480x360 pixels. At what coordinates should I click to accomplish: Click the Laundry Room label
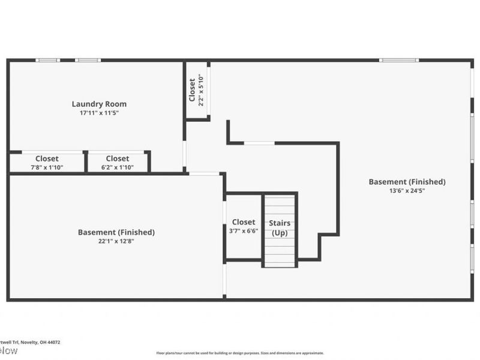[x=99, y=104]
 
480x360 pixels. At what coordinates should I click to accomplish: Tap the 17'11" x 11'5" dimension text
[x=99, y=113]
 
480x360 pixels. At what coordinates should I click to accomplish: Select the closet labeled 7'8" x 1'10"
[x=47, y=163]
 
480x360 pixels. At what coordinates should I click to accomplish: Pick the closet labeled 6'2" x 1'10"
[x=117, y=163]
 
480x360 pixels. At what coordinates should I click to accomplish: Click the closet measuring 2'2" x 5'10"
[x=197, y=90]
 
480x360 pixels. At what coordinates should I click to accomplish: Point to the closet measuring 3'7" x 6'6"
[x=243, y=226]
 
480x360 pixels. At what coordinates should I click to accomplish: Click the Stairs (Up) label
[x=280, y=228]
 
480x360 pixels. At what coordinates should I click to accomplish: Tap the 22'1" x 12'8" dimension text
[x=116, y=241]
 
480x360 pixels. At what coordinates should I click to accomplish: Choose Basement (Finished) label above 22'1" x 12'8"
[x=116, y=232]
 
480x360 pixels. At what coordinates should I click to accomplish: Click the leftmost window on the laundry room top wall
[x=47, y=60]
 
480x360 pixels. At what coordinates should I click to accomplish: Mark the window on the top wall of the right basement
[x=399, y=60]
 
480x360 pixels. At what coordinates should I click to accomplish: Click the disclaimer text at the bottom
[x=240, y=353]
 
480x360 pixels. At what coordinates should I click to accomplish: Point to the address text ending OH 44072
[x=30, y=342]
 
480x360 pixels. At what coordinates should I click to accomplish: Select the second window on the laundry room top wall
[x=88, y=60]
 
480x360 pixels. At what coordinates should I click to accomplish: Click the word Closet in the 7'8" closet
[x=47, y=158]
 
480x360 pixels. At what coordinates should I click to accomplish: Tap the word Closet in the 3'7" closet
[x=243, y=222]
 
